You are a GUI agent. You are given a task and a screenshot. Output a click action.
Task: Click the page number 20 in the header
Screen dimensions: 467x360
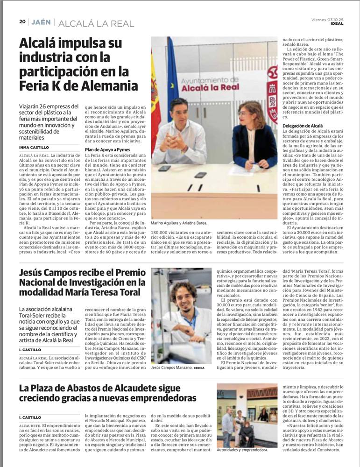pos(22,21)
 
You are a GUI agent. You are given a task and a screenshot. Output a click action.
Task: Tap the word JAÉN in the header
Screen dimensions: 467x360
pos(42,21)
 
